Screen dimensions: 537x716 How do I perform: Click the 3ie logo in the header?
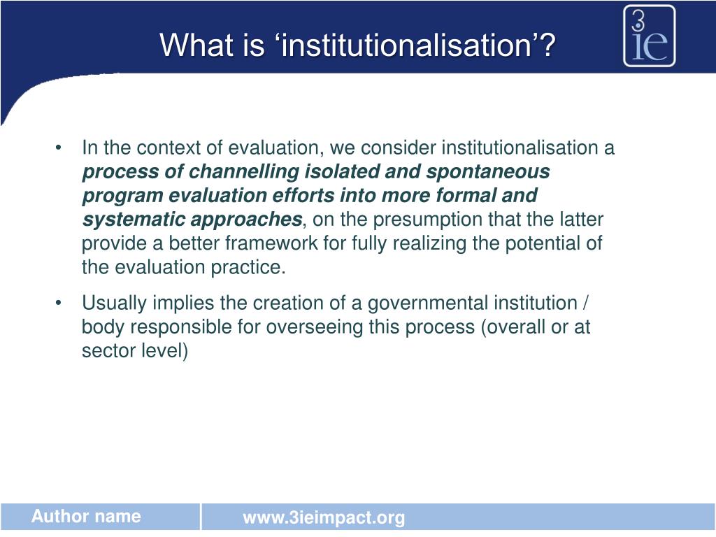(650, 36)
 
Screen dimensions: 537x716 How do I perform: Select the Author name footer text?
(86, 517)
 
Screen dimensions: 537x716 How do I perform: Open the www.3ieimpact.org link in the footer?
(324, 518)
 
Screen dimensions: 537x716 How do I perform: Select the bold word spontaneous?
(488, 172)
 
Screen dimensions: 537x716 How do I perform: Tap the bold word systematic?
(130, 220)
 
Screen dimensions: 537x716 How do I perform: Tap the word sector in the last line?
(103, 351)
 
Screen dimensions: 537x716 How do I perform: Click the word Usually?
(114, 304)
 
